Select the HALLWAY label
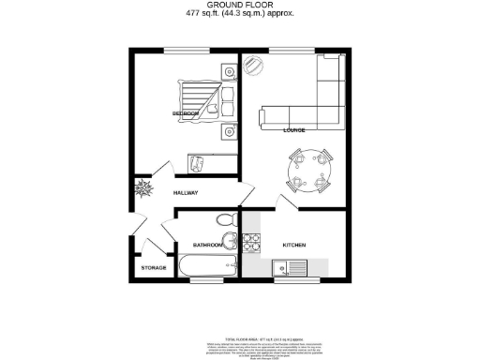click(x=185, y=194)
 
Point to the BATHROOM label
click(x=207, y=245)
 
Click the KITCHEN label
click(x=293, y=245)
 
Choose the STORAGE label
click(x=154, y=268)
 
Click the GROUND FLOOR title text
click(x=239, y=6)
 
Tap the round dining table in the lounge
click(x=311, y=169)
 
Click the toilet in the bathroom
click(x=225, y=219)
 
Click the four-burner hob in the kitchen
click(x=251, y=243)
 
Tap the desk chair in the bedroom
click(x=198, y=164)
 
